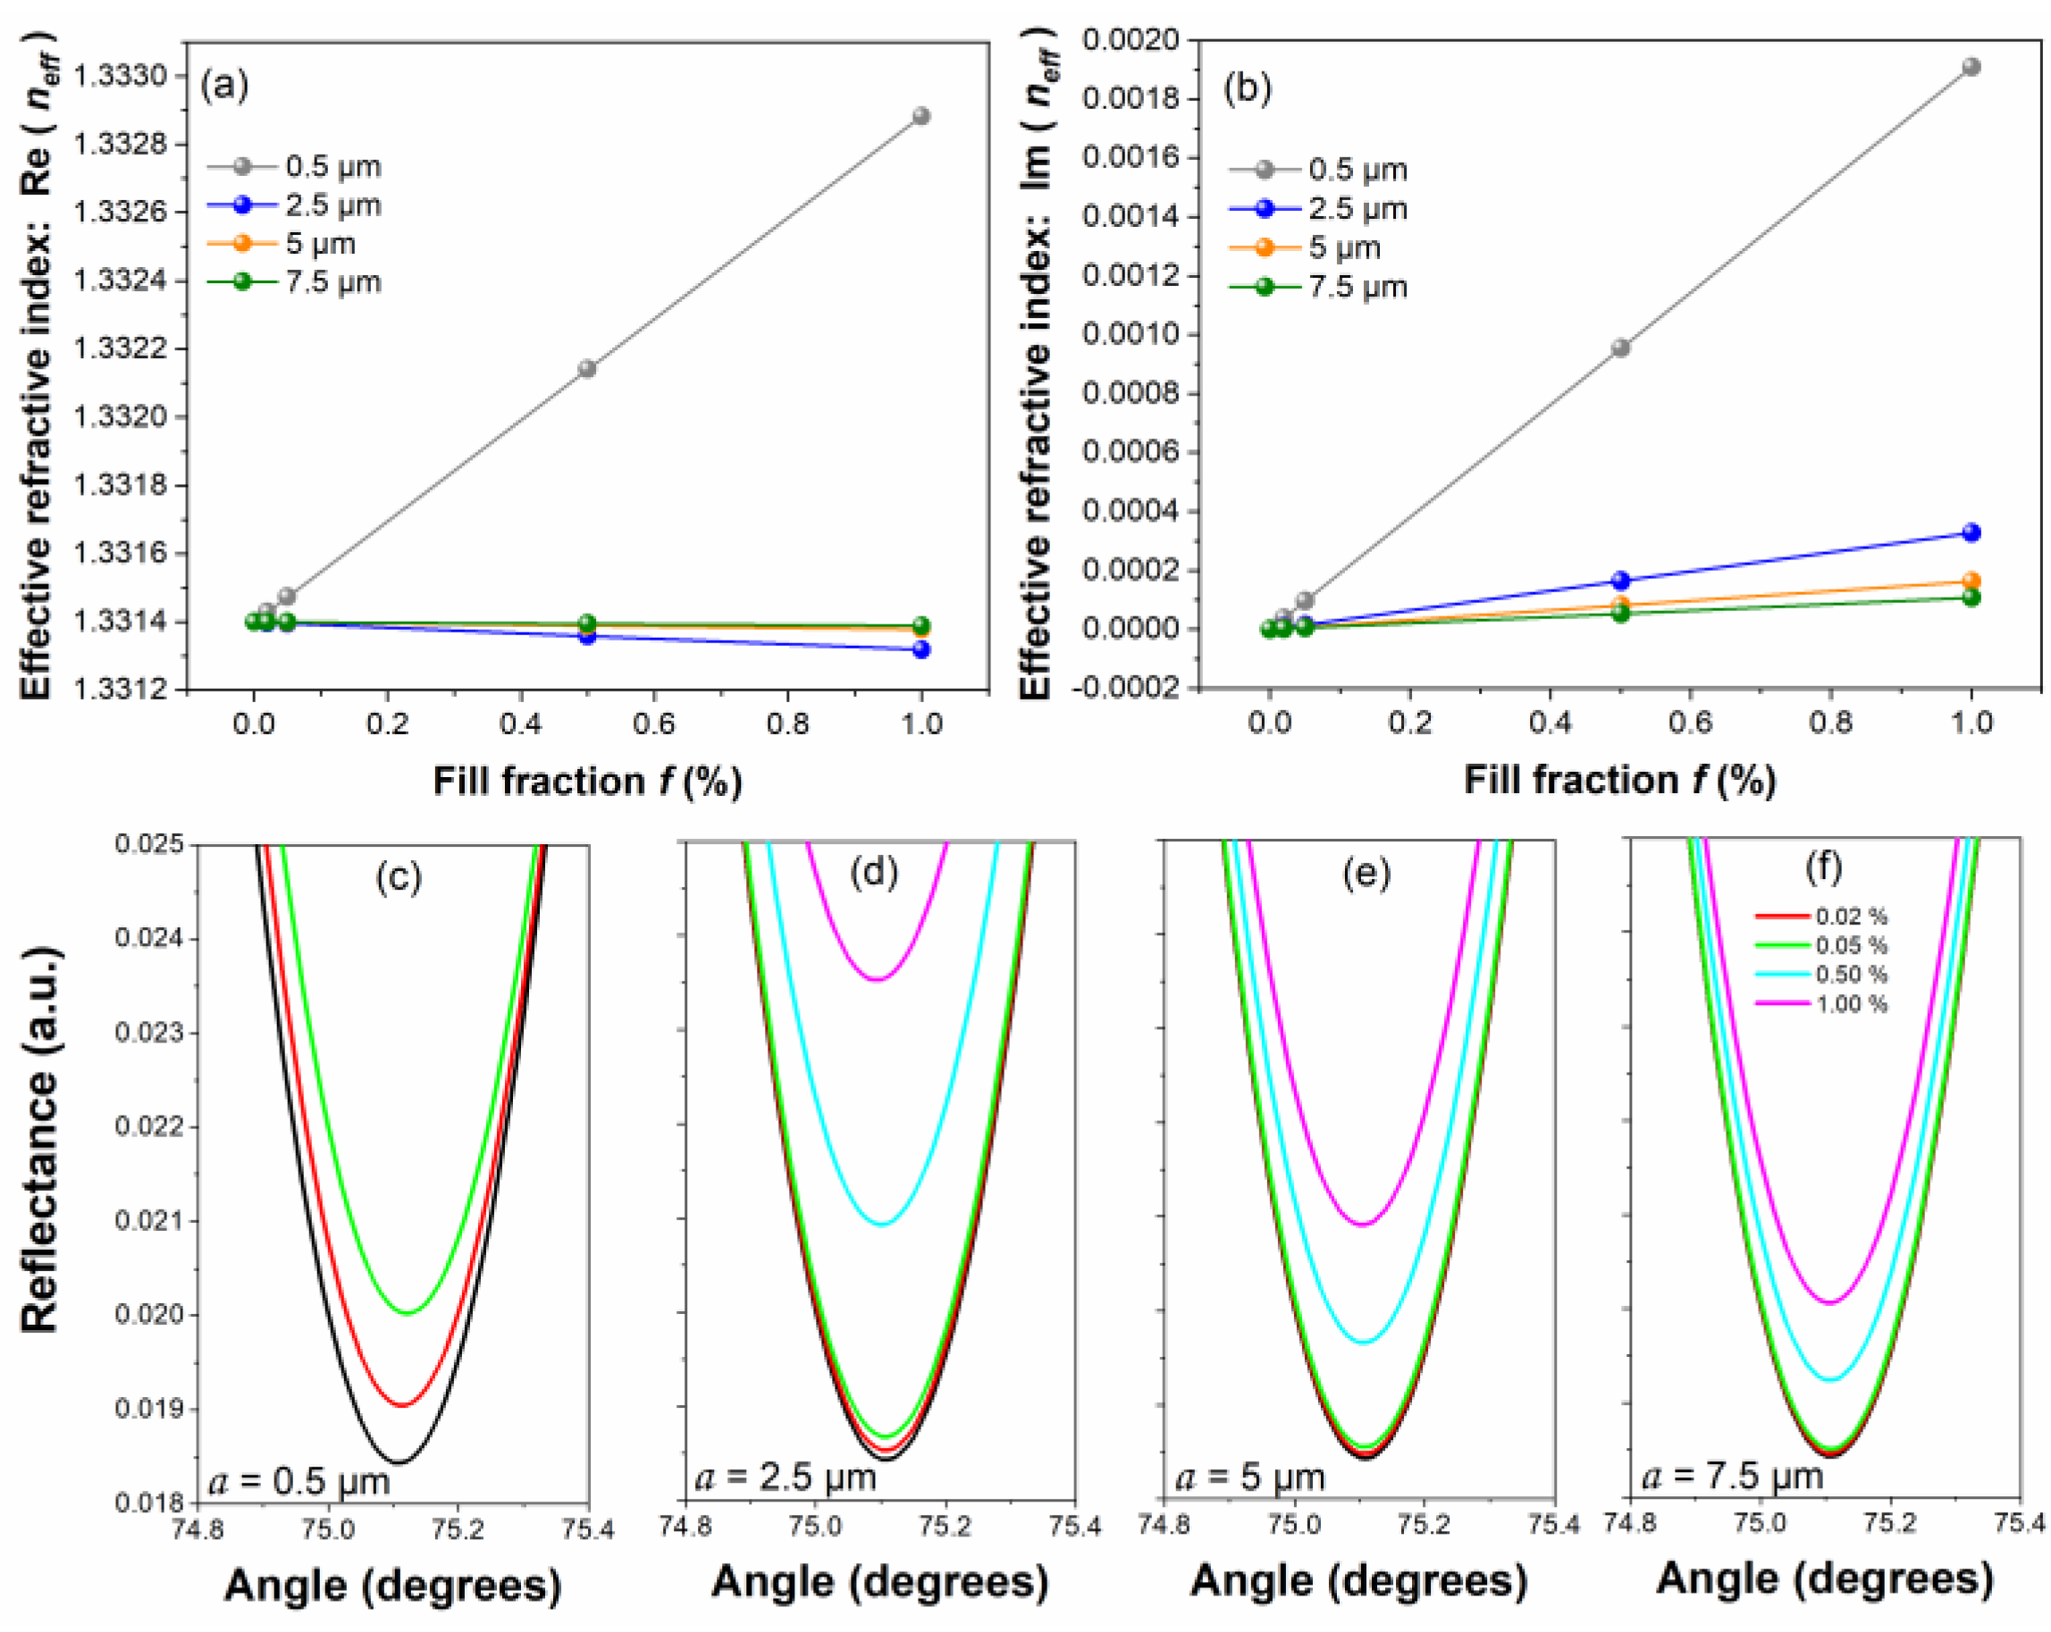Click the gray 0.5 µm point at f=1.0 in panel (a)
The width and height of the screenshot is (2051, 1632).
click(x=920, y=116)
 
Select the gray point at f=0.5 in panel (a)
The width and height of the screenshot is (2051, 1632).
click(x=587, y=368)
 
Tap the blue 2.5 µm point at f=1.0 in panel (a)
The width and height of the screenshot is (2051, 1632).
click(x=920, y=649)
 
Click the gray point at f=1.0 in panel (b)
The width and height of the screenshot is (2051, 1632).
click(x=1971, y=67)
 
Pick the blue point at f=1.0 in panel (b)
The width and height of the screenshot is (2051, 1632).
click(x=1971, y=532)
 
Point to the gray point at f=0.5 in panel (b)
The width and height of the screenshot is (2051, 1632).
click(x=1621, y=348)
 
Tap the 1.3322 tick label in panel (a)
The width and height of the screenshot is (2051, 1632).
click(x=120, y=348)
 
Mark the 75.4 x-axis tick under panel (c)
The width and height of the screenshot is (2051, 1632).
click(x=588, y=1530)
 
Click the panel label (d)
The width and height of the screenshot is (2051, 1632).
click(x=874, y=871)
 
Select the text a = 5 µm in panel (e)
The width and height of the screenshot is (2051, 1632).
click(x=1250, y=1477)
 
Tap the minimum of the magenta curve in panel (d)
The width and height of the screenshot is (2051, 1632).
click(x=877, y=980)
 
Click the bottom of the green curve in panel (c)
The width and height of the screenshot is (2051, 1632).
click(x=408, y=1313)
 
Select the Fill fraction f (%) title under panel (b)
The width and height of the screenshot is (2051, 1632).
click(x=1619, y=780)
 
